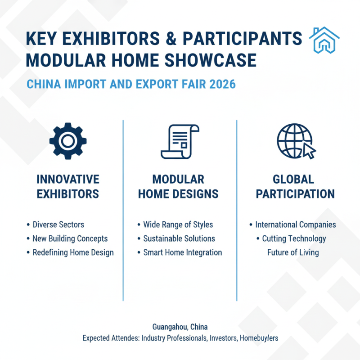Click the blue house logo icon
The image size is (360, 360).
click(x=325, y=41)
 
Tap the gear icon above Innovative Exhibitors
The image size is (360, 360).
click(x=67, y=141)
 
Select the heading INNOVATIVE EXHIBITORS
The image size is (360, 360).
click(x=67, y=186)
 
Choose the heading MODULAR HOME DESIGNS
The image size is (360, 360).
click(x=178, y=186)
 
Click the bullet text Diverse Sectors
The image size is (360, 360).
click(x=58, y=225)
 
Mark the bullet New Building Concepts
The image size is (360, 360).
click(x=70, y=238)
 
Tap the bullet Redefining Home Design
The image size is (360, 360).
click(x=73, y=252)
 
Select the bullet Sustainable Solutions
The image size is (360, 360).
click(x=179, y=238)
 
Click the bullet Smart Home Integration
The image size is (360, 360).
click(x=182, y=252)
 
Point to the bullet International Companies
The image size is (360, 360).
click(x=295, y=225)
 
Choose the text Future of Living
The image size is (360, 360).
click(x=293, y=252)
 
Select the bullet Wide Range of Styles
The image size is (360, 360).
click(x=178, y=225)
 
